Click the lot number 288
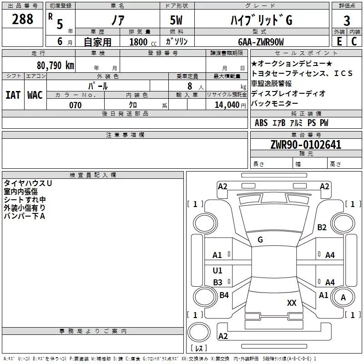(x=22, y=19)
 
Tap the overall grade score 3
(x=347, y=21)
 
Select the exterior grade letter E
(x=339, y=41)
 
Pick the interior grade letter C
(x=354, y=41)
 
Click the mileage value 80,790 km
(x=56, y=66)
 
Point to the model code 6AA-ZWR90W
(x=261, y=42)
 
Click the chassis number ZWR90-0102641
(x=306, y=145)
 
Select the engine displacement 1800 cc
(x=143, y=42)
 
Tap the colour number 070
(x=76, y=105)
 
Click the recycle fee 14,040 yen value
(x=230, y=105)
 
